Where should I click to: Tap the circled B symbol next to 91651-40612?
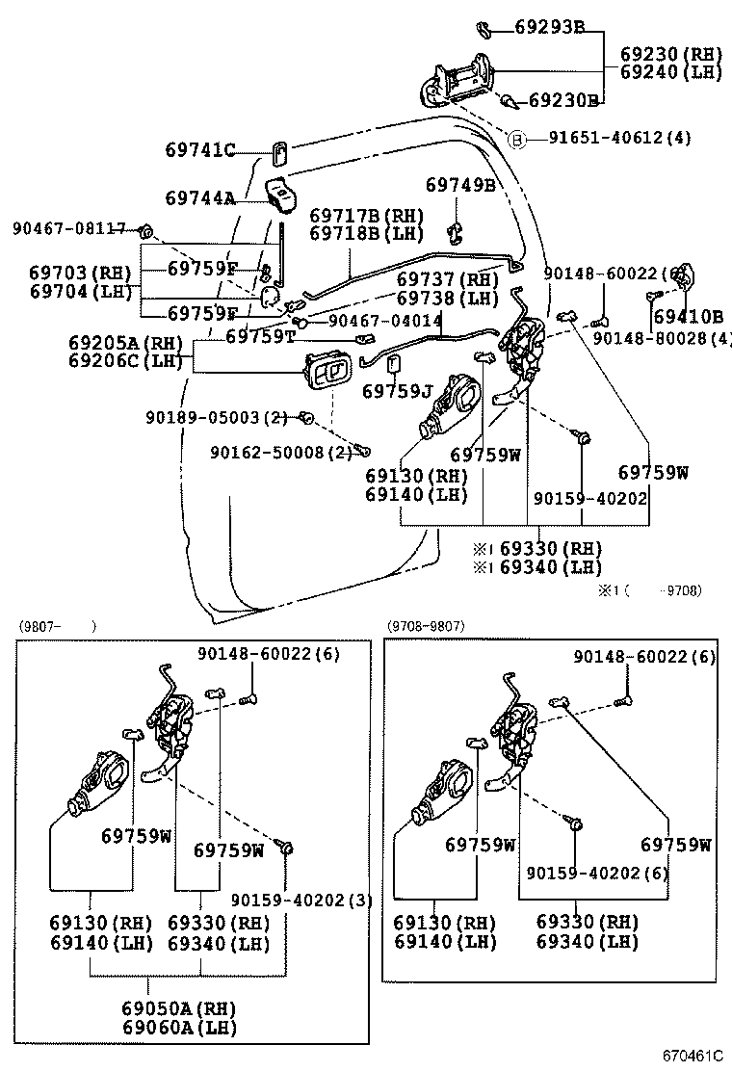[x=516, y=139]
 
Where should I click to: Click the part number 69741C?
[x=199, y=150]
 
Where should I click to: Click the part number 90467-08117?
[x=68, y=229]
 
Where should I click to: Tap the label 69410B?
[x=688, y=316]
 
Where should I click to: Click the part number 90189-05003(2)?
[x=217, y=417]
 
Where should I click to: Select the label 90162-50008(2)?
[x=280, y=452]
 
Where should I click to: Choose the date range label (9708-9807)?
[x=426, y=626]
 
